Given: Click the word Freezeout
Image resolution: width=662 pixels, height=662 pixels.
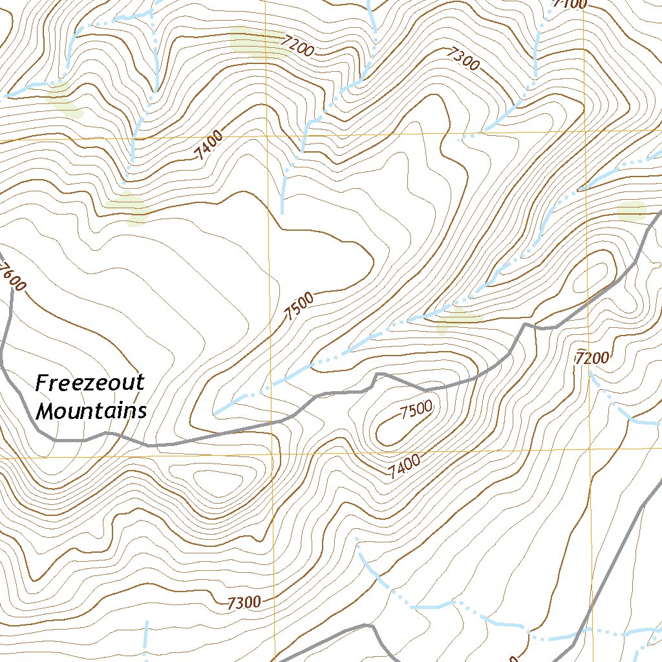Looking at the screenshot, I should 89,383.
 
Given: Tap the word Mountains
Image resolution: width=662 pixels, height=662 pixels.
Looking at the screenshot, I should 91,411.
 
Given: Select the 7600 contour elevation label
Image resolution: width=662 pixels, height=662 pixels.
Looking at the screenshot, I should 13,278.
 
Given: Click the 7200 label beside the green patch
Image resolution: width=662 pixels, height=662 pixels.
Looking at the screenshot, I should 297,47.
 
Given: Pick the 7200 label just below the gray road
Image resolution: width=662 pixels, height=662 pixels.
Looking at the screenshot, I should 593,357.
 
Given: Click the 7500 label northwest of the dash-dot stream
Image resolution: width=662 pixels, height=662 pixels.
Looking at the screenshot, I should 299,306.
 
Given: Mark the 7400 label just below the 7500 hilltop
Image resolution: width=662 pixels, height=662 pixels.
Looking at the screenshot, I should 405,467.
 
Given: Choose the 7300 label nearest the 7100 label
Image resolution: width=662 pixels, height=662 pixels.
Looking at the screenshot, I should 462,60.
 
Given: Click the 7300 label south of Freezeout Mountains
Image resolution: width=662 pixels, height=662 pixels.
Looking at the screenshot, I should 244,603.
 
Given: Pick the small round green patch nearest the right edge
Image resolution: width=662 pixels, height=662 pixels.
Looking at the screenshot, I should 632,211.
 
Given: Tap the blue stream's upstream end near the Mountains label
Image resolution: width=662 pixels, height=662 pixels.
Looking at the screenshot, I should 215,412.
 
